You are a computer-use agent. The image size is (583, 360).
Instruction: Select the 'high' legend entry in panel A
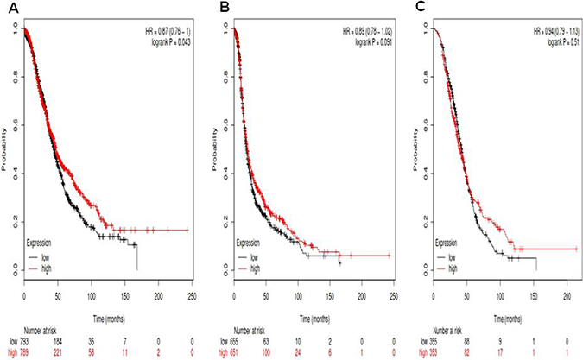tap(55, 268)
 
